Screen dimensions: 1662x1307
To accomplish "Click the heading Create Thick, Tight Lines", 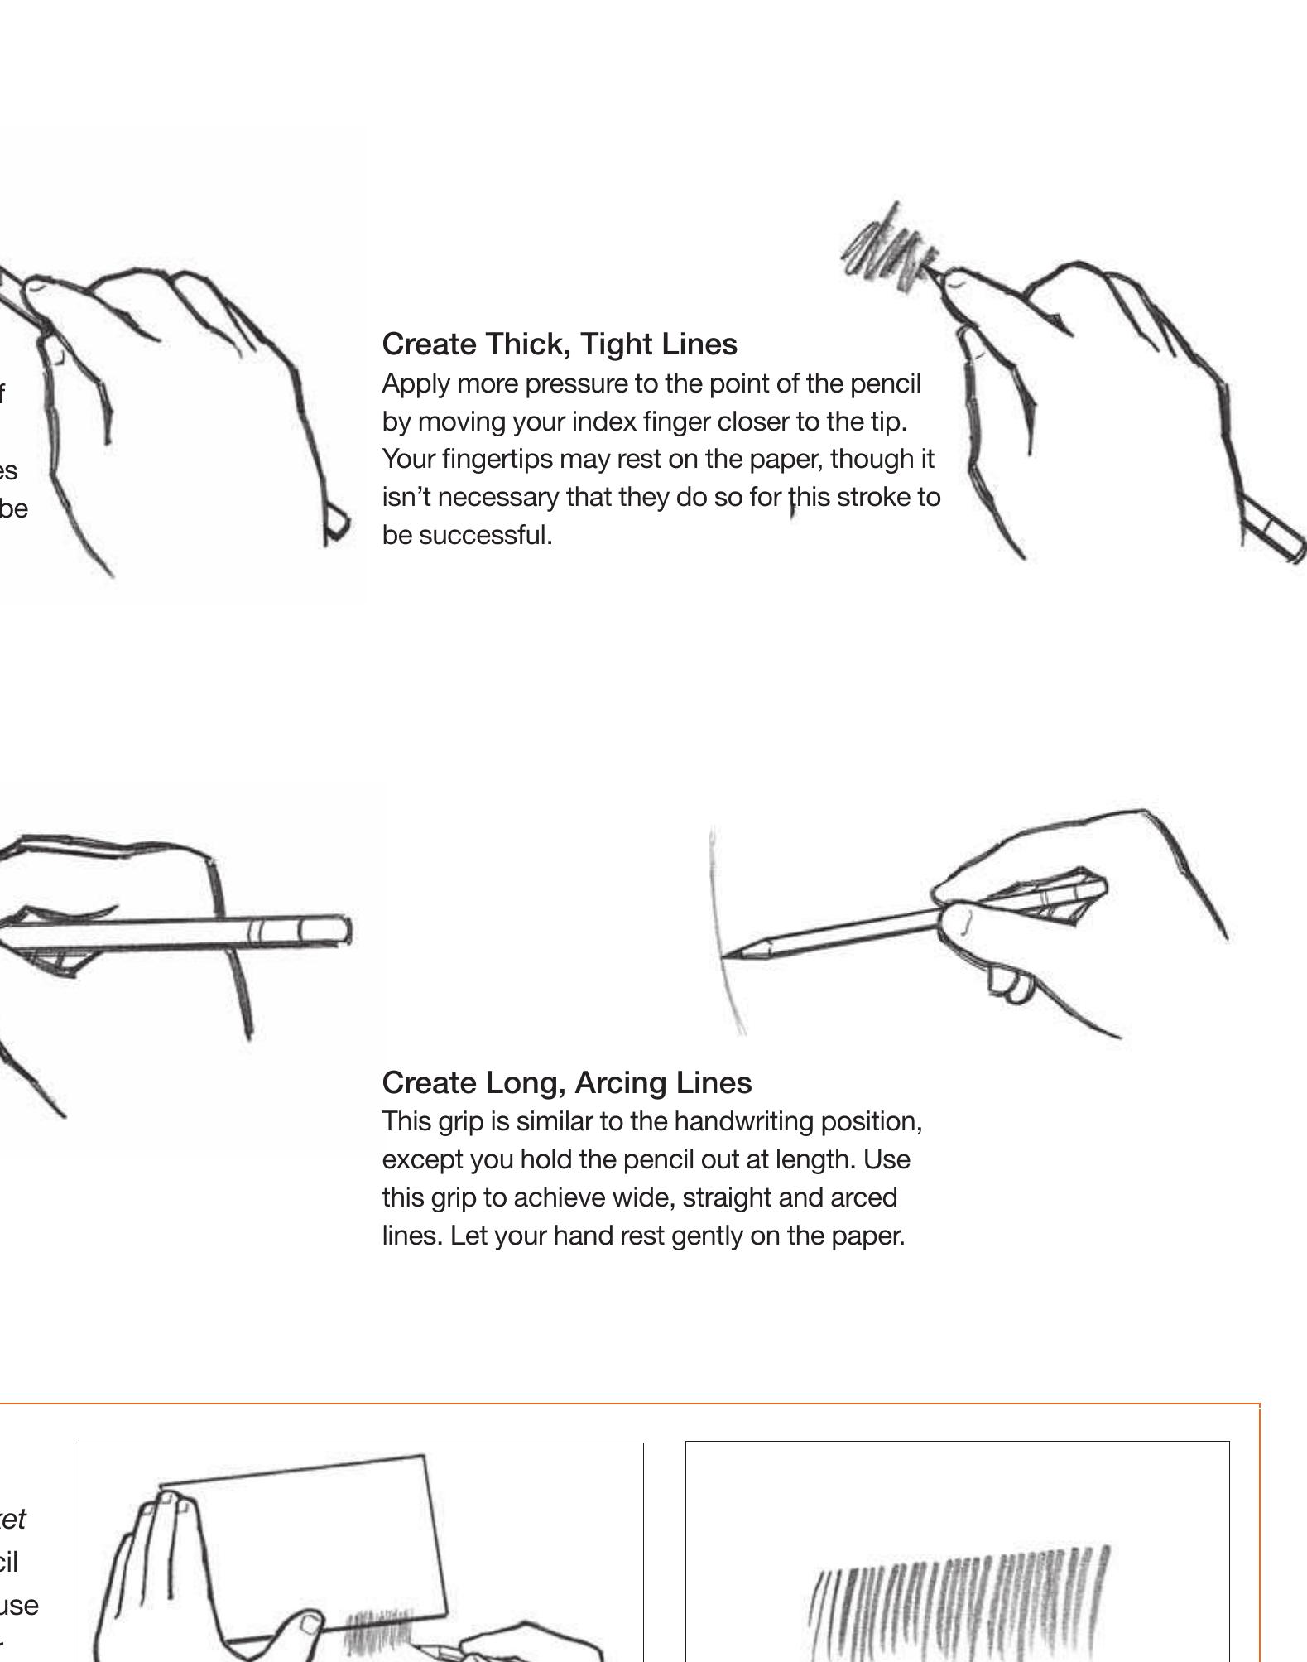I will click(x=560, y=344).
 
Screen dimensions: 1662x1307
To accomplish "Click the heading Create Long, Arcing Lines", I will click(x=566, y=1082).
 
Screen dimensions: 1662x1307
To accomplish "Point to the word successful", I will click(x=485, y=536).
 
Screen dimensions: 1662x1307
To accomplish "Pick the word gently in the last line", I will click(x=708, y=1236).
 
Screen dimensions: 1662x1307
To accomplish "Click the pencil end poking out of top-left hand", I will click(x=338, y=523).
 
